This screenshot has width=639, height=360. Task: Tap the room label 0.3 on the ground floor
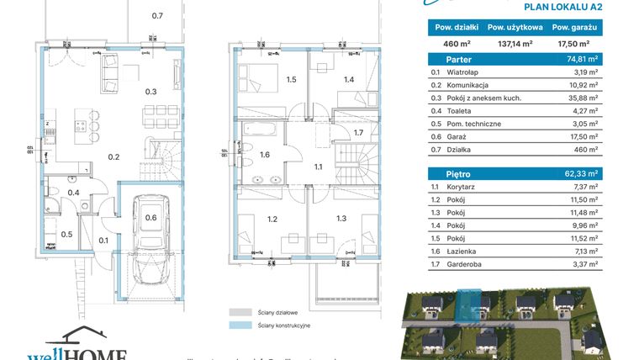(151, 92)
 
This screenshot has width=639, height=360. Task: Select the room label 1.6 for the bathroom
(265, 155)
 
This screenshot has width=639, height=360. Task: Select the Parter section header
(448, 60)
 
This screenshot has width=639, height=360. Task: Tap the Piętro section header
(446, 174)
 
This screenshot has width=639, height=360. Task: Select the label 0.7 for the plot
(157, 16)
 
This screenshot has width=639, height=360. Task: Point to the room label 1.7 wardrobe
(357, 133)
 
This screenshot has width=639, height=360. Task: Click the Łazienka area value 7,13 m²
(584, 251)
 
